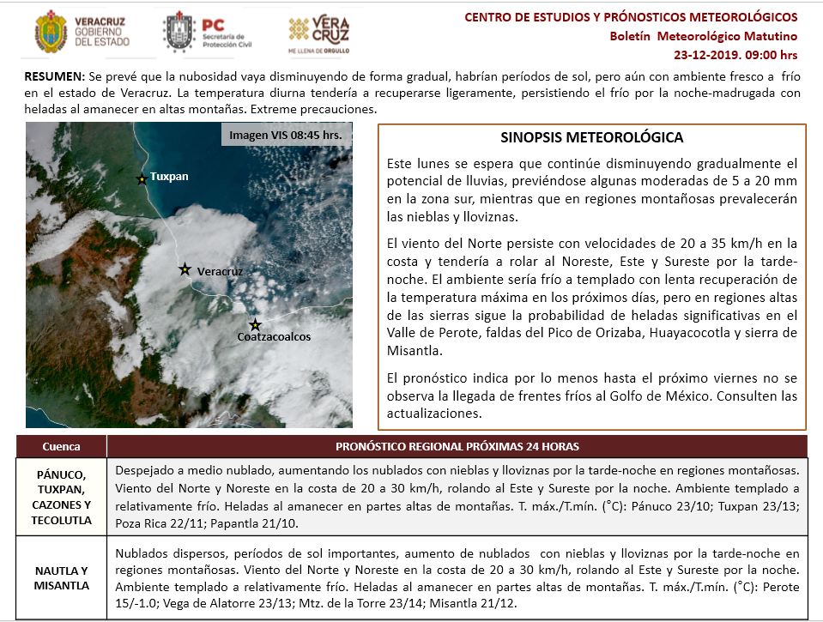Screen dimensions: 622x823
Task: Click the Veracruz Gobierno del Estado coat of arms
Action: point(50,32)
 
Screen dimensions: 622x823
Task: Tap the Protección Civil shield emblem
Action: point(179,32)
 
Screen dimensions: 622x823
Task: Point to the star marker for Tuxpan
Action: point(142,178)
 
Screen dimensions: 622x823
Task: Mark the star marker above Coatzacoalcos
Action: point(255,324)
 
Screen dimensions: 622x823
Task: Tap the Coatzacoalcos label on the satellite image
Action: point(274,337)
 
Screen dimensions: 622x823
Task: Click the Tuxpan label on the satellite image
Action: point(169,177)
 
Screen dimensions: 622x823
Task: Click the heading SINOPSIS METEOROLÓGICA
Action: point(591,137)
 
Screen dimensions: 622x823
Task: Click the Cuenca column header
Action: point(62,446)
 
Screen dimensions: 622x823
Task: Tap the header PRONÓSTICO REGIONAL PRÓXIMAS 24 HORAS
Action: point(458,446)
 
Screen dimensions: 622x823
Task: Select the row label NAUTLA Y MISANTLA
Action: point(62,577)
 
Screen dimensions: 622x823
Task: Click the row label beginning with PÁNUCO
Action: point(62,497)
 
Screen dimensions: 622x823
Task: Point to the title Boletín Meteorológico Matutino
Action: point(704,36)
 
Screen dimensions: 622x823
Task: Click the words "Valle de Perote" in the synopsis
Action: point(427,334)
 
